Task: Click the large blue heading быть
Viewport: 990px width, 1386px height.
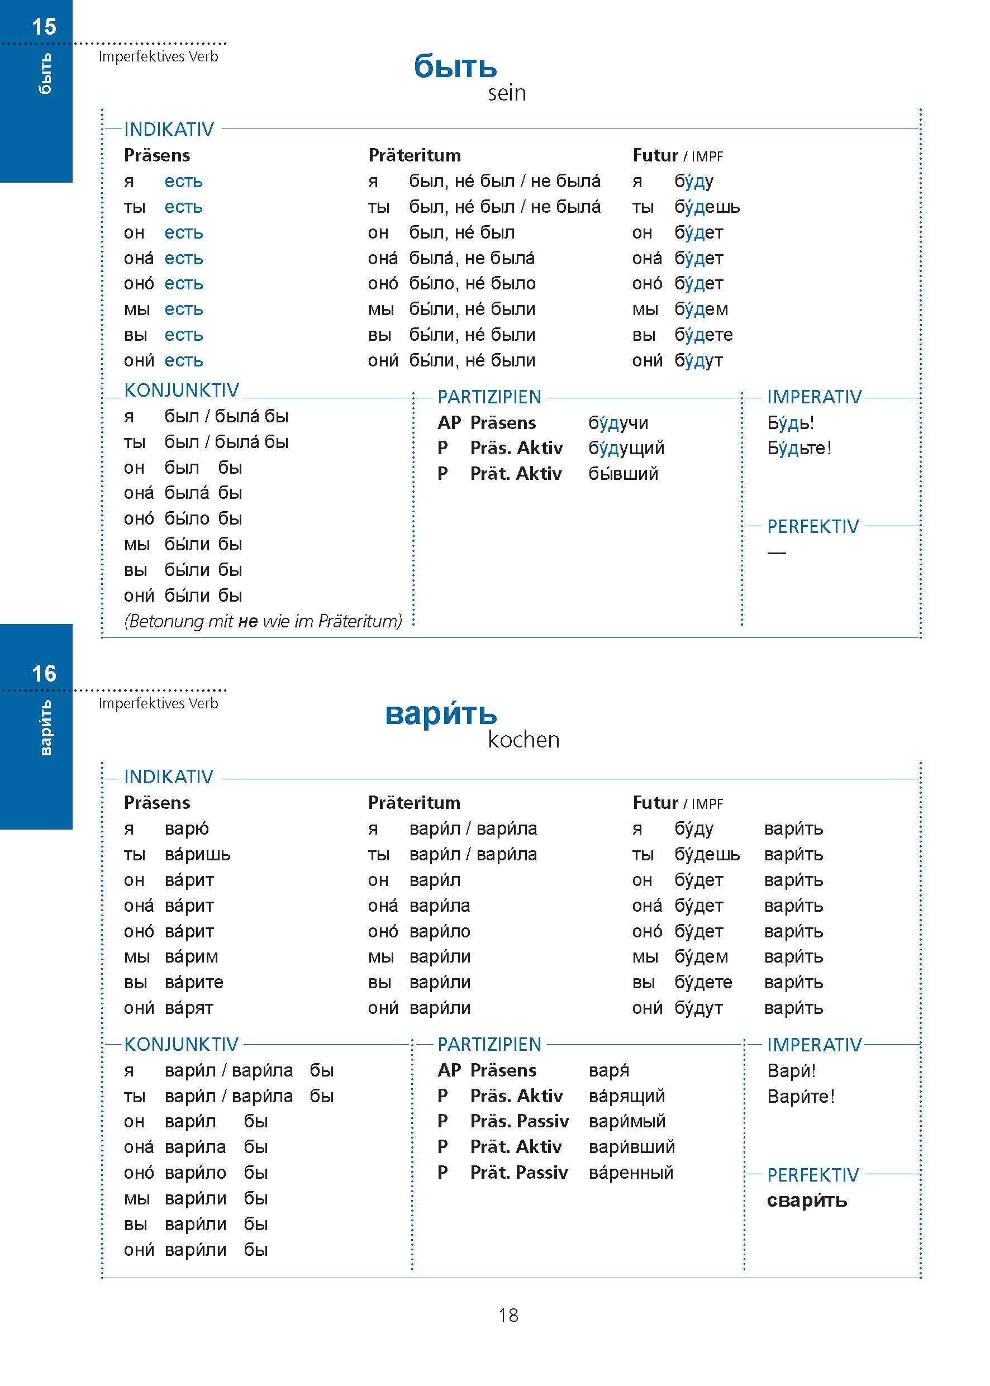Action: pyautogui.click(x=455, y=66)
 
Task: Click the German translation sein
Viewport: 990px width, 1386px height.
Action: pyautogui.click(x=506, y=93)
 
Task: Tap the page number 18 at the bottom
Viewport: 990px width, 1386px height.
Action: pyautogui.click(x=508, y=1314)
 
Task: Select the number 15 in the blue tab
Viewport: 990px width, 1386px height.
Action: pyautogui.click(x=44, y=27)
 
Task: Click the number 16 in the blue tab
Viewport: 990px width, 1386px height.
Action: pyautogui.click(x=44, y=674)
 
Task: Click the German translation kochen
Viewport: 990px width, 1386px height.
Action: pyautogui.click(x=523, y=739)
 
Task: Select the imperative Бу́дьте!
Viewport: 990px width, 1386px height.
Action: pyautogui.click(x=798, y=448)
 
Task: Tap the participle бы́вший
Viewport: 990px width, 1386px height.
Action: pyautogui.click(x=623, y=474)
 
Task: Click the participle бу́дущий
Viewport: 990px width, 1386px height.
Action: pyautogui.click(x=626, y=448)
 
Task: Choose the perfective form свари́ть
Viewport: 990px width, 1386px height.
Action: pyautogui.click(x=807, y=1200)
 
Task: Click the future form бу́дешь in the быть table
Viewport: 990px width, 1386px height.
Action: pyautogui.click(x=707, y=207)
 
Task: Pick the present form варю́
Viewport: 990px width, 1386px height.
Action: pyautogui.click(x=187, y=829)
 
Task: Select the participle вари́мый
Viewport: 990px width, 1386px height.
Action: pyautogui.click(x=627, y=1121)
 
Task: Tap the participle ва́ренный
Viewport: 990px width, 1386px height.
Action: pyautogui.click(x=631, y=1172)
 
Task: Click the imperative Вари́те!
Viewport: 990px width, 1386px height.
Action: pyautogui.click(x=801, y=1097)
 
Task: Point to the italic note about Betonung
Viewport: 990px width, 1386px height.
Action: pyautogui.click(x=263, y=621)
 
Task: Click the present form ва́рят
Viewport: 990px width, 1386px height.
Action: pyautogui.click(x=189, y=1008)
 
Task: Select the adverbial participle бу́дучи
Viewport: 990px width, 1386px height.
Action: pyautogui.click(x=618, y=422)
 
